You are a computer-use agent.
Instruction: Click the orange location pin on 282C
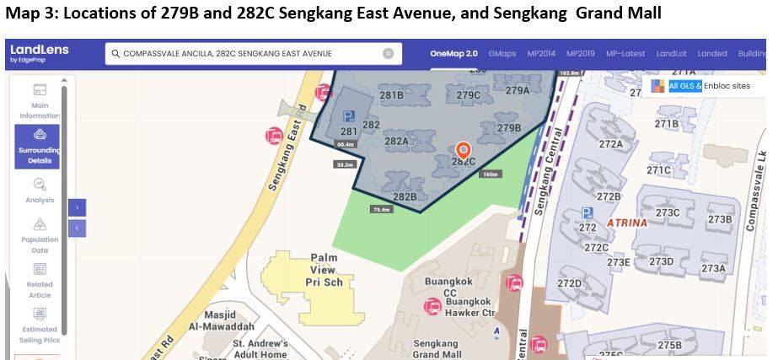(462, 151)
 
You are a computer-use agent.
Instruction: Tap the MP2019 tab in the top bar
(580, 54)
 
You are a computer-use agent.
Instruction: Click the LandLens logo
(39, 54)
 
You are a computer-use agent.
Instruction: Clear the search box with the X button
(389, 54)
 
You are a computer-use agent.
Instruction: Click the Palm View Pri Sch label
(325, 270)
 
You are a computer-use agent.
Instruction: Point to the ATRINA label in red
(626, 223)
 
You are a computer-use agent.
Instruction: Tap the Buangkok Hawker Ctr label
(469, 307)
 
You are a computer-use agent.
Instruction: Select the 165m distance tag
(490, 175)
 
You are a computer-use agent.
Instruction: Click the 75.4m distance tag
(382, 209)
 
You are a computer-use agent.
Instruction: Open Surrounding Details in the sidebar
(38, 147)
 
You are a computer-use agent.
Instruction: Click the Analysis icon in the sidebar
(40, 185)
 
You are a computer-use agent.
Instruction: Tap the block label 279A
(517, 91)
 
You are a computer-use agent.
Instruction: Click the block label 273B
(719, 219)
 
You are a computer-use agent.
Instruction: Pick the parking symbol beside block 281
(348, 116)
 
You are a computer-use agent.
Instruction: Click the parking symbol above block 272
(588, 212)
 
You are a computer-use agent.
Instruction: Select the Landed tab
(712, 54)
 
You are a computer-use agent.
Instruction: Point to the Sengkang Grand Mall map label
(437, 349)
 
